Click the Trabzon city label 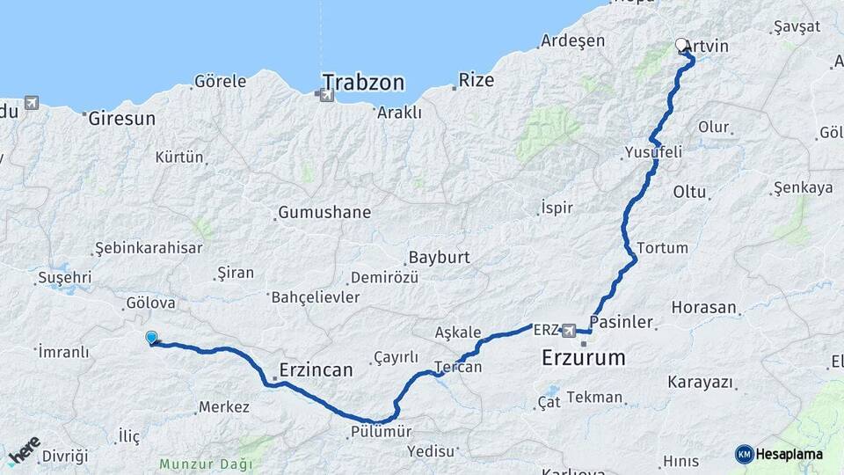point(363,83)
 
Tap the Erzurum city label point(584,358)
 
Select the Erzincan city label point(316,370)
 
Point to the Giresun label point(121,118)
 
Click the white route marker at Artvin point(681,44)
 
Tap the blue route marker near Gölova point(151,337)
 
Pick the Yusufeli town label point(653,152)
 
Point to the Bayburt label point(439,259)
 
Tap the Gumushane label point(324,213)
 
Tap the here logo point(24,449)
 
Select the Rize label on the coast point(476,80)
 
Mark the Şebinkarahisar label point(149,248)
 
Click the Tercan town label point(458,367)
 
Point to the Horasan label point(703,308)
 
